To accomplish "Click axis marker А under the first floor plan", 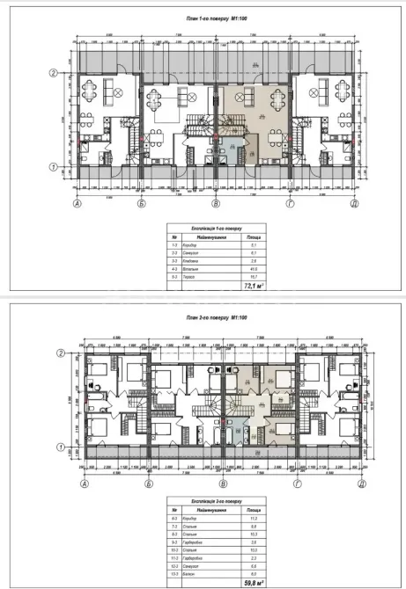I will [78, 203].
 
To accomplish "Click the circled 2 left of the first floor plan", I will [53, 73].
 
